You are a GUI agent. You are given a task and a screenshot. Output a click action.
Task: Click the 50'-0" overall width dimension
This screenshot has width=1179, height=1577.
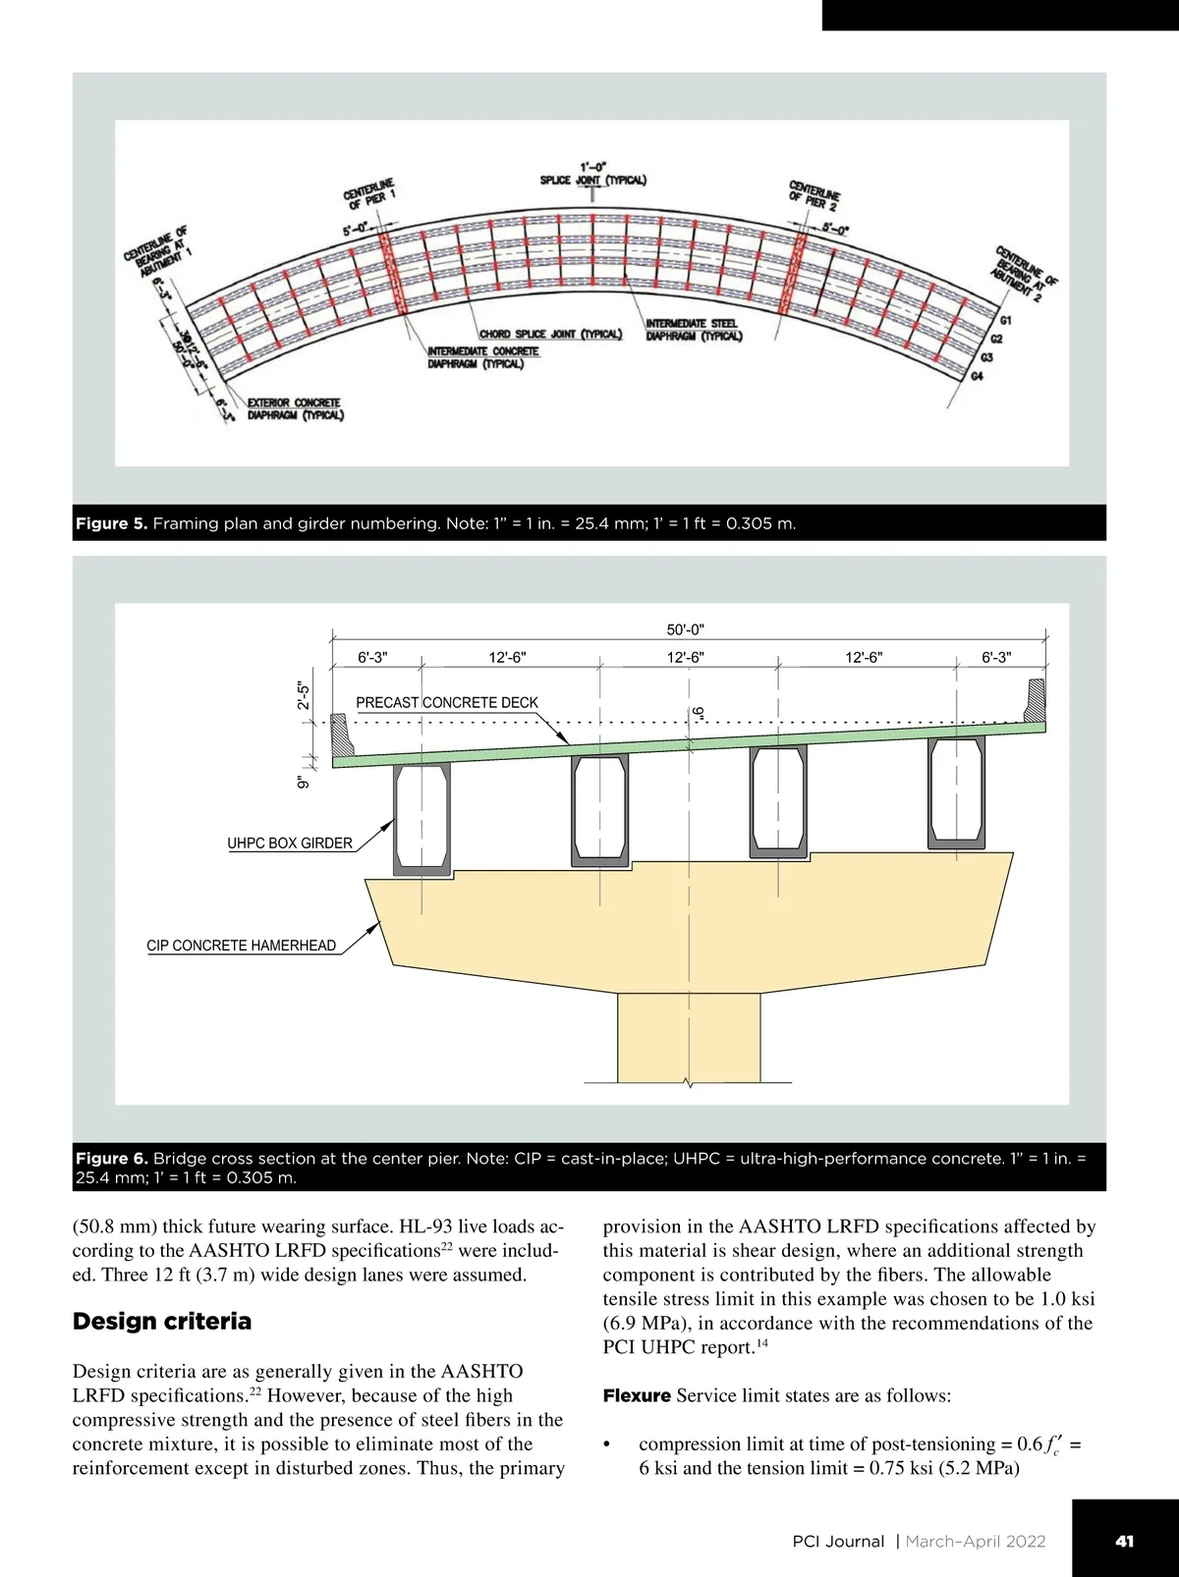[685, 629]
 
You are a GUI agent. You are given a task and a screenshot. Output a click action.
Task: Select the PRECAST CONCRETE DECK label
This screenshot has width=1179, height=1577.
[447, 703]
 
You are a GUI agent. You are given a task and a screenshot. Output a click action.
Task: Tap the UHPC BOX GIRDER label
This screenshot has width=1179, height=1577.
[290, 843]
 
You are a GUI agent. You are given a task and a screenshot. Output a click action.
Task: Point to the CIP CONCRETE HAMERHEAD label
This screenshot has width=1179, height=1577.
[242, 946]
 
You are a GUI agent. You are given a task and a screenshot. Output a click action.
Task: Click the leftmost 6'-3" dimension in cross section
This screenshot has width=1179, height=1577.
[372, 658]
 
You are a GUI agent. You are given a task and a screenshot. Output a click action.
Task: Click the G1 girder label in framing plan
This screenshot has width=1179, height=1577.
[1005, 320]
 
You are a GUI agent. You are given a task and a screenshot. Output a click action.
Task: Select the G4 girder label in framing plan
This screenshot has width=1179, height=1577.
[977, 377]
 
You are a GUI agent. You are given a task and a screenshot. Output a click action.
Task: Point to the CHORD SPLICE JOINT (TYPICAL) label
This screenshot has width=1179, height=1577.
[550, 334]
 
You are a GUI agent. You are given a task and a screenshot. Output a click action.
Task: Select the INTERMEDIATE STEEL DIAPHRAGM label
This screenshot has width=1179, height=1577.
[694, 330]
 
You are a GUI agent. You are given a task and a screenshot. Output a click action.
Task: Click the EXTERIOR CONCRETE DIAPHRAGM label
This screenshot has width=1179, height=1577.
[295, 409]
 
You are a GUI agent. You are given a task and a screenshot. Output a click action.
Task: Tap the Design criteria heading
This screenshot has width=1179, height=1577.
[162, 1322]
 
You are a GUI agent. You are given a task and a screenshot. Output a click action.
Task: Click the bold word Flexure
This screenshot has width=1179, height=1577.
[637, 1396]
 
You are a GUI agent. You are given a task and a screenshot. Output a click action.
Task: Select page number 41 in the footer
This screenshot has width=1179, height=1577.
[1124, 1542]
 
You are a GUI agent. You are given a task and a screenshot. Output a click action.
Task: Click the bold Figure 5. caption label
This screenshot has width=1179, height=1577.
[112, 523]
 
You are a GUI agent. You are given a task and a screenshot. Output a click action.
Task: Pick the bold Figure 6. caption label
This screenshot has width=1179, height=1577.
[112, 1159]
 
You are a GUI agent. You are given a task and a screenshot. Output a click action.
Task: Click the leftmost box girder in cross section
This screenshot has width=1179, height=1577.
[421, 819]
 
